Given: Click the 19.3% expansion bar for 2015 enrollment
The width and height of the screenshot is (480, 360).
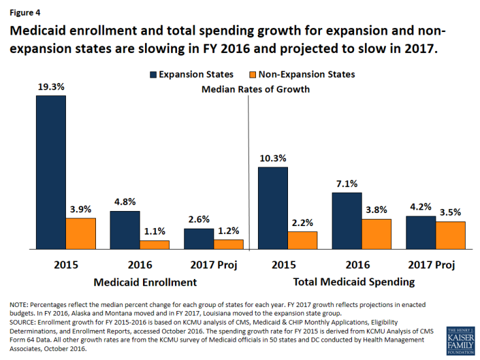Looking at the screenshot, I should pyautogui.click(x=51, y=172).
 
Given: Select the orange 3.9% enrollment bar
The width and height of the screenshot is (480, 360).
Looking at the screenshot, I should pyautogui.click(x=81, y=233).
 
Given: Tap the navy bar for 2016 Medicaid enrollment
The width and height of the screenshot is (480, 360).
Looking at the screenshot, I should pyautogui.click(x=125, y=230).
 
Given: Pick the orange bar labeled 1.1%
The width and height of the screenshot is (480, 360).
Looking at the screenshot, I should pyautogui.click(x=155, y=245).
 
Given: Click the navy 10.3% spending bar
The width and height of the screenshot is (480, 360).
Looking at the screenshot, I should pyautogui.click(x=273, y=208).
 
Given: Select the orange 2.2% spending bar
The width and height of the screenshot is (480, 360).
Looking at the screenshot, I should pyautogui.click(x=303, y=240).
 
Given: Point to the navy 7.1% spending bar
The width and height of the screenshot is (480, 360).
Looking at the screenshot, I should pyautogui.click(x=347, y=221).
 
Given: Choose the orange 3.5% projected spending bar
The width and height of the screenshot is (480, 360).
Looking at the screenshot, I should pyautogui.click(x=451, y=235).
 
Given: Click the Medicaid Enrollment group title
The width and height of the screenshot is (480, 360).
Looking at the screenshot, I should pyautogui.click(x=145, y=282).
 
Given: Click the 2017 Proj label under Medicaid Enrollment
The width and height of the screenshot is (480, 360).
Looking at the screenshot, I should pyautogui.click(x=213, y=265).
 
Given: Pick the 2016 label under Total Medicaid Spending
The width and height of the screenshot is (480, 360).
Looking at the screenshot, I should pyautogui.click(x=357, y=265).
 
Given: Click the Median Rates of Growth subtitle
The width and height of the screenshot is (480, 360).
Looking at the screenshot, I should pyautogui.click(x=256, y=89).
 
